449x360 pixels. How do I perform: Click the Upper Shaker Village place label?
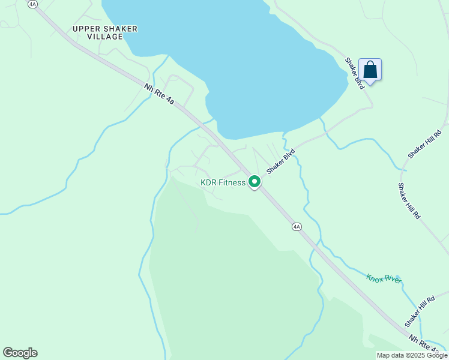[105, 32]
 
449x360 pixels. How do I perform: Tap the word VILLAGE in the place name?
[105, 37]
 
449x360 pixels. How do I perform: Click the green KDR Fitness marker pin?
[255, 181]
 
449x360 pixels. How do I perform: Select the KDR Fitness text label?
[223, 182]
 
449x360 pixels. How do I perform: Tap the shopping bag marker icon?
[370, 70]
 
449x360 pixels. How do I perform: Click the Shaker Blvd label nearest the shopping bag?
[355, 73]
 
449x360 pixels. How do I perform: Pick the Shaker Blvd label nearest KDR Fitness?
[281, 161]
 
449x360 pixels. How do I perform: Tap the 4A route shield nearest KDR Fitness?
[297, 226]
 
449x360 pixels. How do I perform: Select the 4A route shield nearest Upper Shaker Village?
[32, 4]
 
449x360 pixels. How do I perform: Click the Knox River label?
[384, 279]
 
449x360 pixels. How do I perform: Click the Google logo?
[20, 352]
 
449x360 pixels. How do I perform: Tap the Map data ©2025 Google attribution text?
[412, 355]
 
